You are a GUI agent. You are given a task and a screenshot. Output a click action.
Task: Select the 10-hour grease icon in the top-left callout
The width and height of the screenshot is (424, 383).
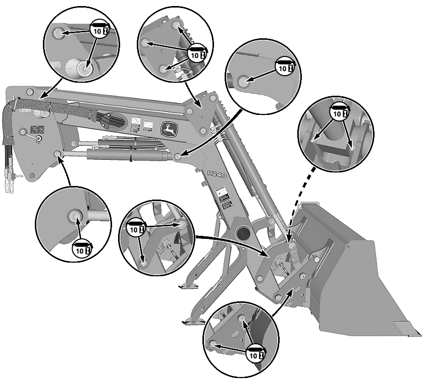[x=99, y=31]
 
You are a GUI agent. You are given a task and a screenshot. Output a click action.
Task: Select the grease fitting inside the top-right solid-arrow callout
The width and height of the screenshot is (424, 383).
[x=243, y=81]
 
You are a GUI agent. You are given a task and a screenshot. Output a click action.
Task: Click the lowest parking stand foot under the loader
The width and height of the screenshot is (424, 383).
[x=191, y=322]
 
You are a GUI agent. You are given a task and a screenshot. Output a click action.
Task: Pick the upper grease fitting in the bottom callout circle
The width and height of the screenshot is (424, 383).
[x=242, y=318]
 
